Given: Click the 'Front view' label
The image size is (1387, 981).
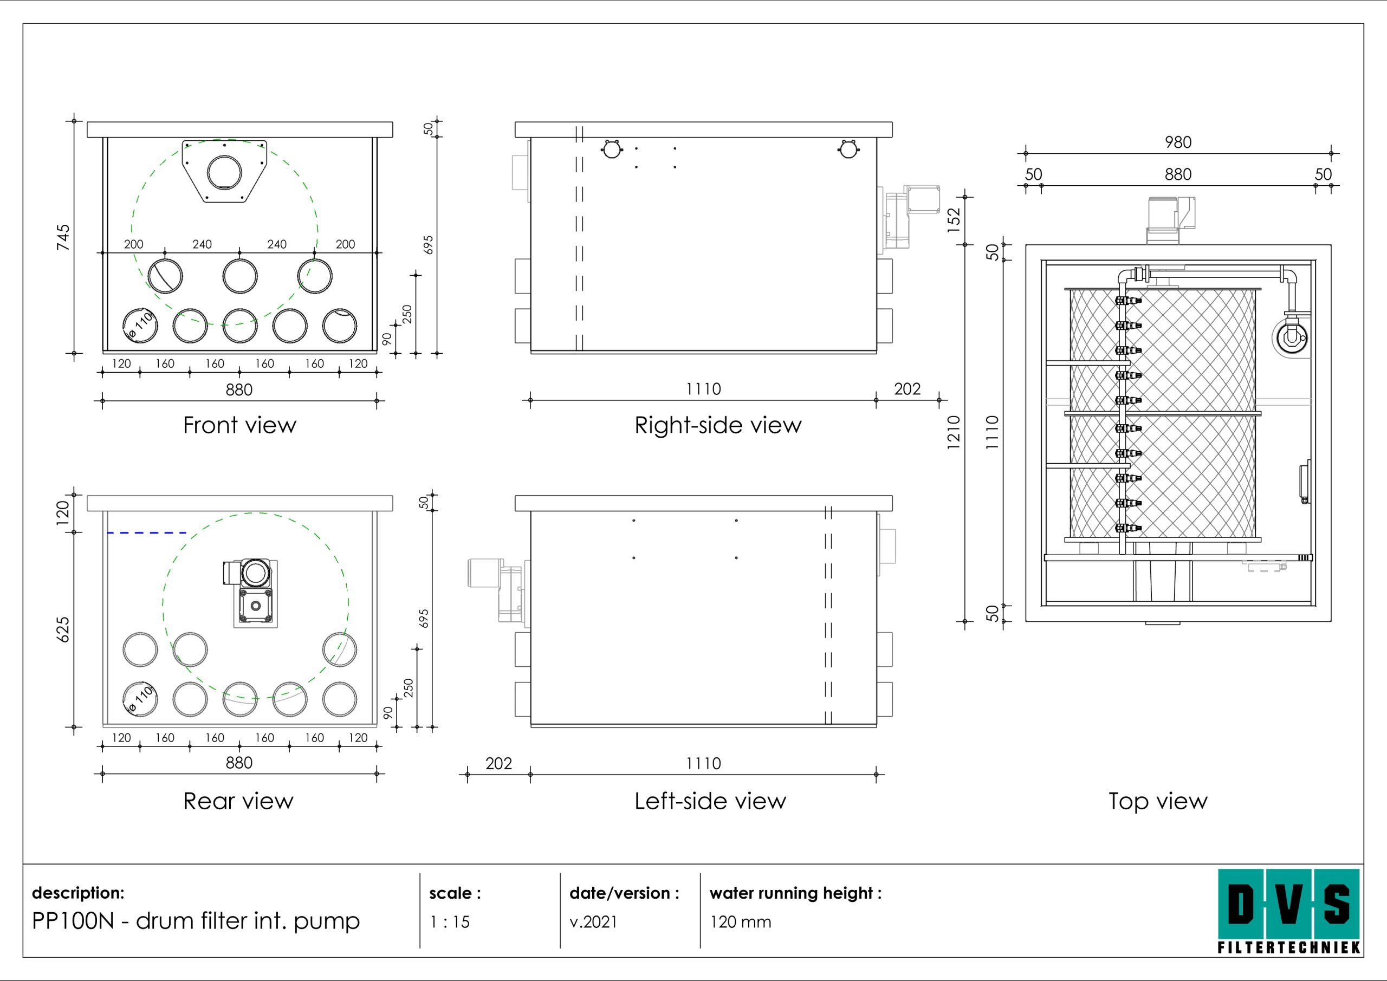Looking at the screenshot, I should [x=239, y=425].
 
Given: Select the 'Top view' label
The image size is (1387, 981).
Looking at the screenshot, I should [x=1157, y=801].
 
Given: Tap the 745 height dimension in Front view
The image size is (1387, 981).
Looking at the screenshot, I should [x=63, y=237].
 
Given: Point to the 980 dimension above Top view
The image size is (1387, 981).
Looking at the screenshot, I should [x=1178, y=142].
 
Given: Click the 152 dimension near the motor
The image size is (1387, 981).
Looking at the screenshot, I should [x=953, y=220].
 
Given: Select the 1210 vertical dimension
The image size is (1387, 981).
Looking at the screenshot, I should [x=953, y=432].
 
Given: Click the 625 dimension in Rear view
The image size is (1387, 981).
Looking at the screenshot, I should [x=63, y=629].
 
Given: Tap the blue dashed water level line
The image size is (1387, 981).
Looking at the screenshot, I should [x=147, y=533].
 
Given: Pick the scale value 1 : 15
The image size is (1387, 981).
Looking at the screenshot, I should [x=450, y=922].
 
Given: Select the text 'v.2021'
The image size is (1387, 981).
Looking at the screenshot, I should [x=593, y=922].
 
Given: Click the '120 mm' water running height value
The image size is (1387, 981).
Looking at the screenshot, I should [x=741, y=922].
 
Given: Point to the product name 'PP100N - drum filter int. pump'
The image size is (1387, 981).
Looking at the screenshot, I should [x=196, y=920].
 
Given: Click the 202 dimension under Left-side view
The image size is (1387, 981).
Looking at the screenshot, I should [x=498, y=764].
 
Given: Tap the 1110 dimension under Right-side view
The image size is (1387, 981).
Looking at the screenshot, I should [x=703, y=389].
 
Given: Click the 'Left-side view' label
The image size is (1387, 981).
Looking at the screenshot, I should [x=710, y=801].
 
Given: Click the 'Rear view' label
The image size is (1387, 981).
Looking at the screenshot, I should [x=238, y=801].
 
